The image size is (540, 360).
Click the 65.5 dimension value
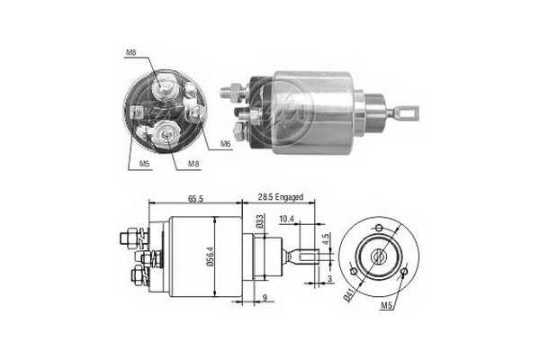(x=195, y=199)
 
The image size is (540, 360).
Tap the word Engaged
(x=289, y=197)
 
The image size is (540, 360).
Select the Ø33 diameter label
(x=260, y=220)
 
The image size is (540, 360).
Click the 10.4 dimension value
(x=286, y=219)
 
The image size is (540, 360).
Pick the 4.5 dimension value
(x=326, y=238)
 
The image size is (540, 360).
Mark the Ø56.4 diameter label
(x=210, y=256)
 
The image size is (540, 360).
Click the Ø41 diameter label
(x=349, y=295)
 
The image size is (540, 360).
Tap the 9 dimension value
(x=265, y=298)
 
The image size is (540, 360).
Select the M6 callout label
(x=225, y=144)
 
